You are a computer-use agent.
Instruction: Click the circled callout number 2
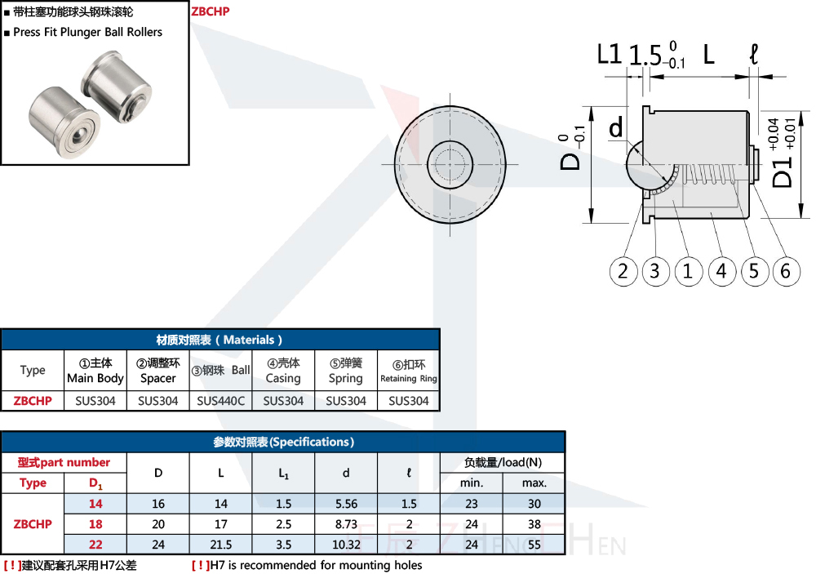[x=623, y=271]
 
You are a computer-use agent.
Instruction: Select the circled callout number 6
[x=786, y=271]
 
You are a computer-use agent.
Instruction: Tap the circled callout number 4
[x=721, y=271]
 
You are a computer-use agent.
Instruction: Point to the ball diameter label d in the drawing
[x=616, y=127]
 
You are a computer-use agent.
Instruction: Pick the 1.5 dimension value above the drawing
[x=645, y=56]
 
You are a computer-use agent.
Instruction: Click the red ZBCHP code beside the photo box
[x=211, y=11]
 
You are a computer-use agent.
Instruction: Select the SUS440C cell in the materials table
[x=220, y=401]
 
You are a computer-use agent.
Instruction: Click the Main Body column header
[x=95, y=371]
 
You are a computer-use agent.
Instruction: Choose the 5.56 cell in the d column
[x=346, y=504]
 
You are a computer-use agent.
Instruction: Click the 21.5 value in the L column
[x=220, y=545]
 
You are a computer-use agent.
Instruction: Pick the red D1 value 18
[x=95, y=524]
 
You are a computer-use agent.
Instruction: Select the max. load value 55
[x=534, y=545]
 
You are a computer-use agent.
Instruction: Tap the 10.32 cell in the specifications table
[x=346, y=545]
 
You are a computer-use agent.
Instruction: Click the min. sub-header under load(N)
[x=472, y=483]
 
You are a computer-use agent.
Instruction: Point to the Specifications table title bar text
[x=284, y=443]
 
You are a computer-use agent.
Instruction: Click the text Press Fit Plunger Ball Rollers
[x=88, y=33]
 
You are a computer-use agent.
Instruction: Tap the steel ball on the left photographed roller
[x=78, y=136]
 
